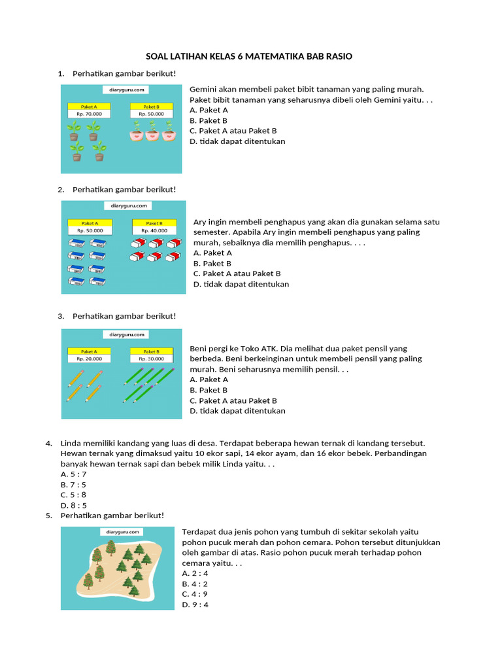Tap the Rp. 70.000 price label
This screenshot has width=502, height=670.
[89, 113]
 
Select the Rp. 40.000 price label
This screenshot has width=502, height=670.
[154, 230]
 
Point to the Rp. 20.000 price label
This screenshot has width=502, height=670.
[89, 358]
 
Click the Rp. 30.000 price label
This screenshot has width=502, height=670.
[151, 358]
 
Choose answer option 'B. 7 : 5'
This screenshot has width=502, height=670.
[73, 485]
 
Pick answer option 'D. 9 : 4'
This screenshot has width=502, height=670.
[195, 605]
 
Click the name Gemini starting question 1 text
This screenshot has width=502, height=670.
[203, 89]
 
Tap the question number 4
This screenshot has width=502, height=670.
[48, 443]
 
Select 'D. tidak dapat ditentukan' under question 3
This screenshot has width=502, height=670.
[237, 411]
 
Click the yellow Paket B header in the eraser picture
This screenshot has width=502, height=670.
[154, 222]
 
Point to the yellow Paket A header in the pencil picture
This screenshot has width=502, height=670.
[89, 351]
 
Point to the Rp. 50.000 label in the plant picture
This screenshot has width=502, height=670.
[151, 113]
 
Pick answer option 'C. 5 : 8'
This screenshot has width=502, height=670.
[73, 495]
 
